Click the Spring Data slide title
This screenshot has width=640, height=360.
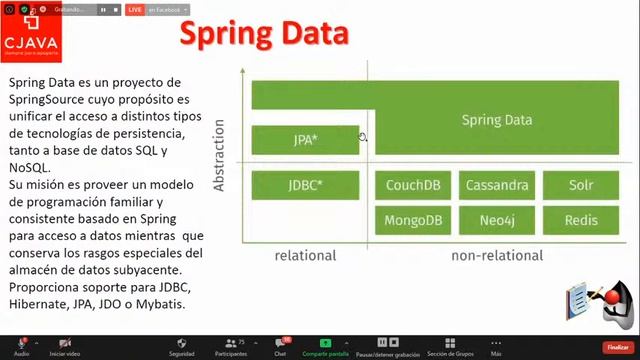263,34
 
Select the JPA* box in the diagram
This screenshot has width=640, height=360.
305,140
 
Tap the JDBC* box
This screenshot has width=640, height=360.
305,186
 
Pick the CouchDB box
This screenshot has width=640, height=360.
414,186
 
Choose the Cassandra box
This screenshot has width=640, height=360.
496,186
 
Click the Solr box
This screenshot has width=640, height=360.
580,186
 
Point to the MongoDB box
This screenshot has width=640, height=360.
414,220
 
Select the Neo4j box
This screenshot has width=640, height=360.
496,220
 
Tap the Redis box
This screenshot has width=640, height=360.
580,220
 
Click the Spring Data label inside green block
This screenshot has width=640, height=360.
496,120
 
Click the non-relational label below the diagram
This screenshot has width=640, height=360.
497,255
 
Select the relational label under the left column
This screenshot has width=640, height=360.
305,255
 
